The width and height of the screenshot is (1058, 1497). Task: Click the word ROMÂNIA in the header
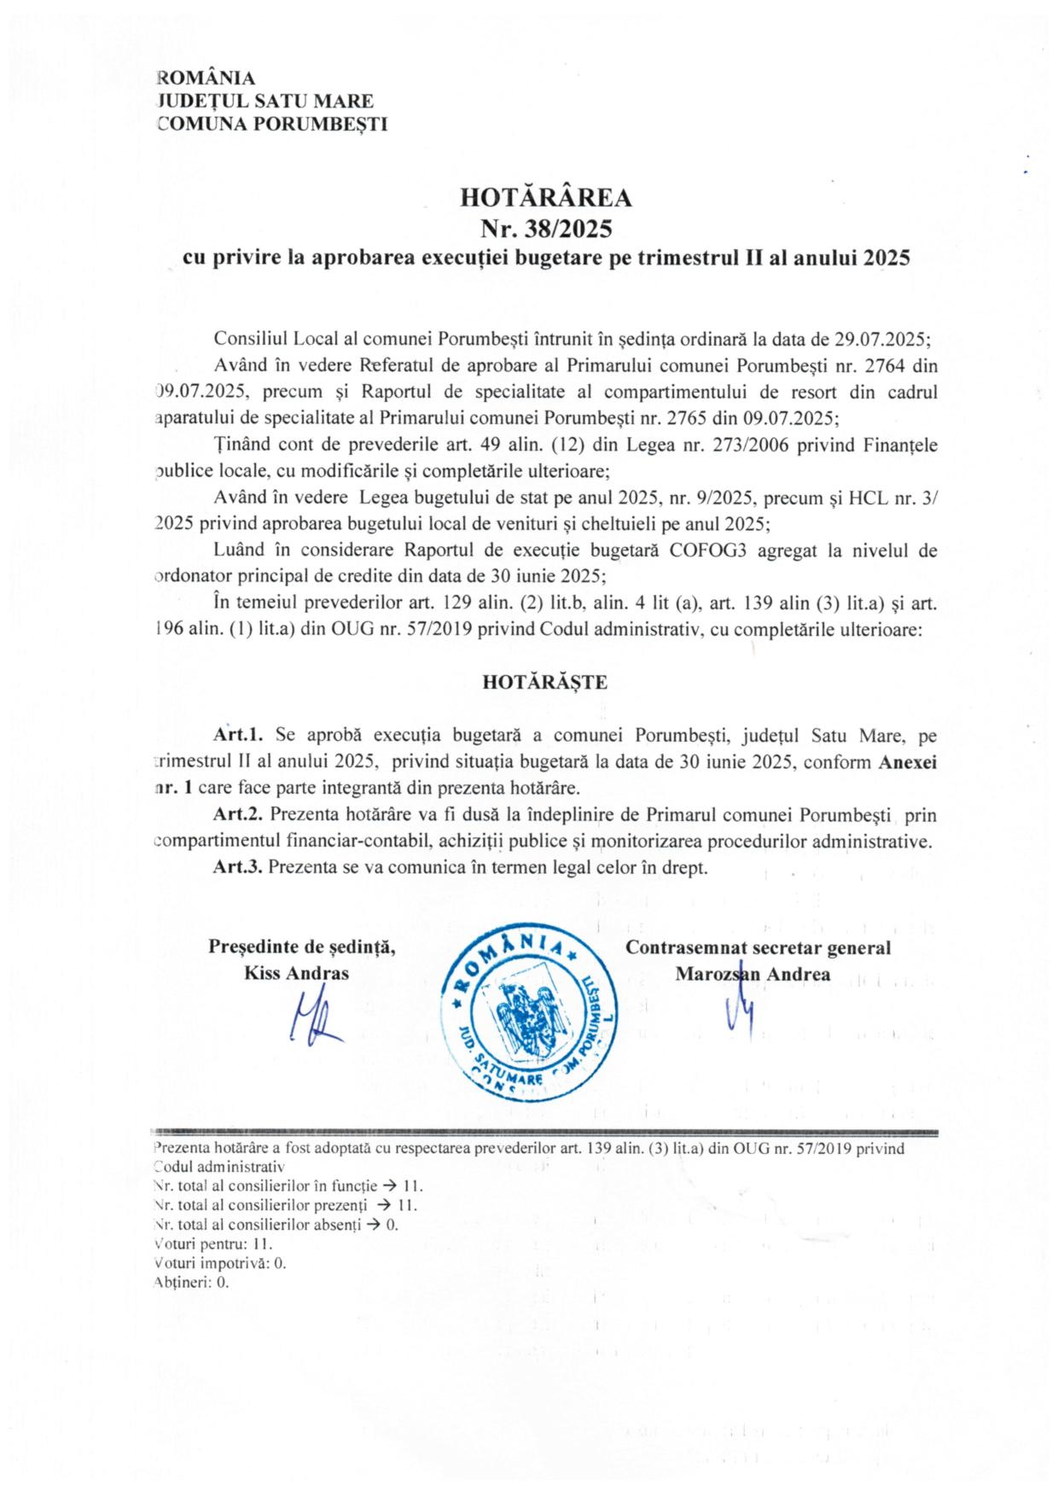coord(206,78)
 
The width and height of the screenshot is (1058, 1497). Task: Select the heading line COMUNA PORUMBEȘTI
coord(272,124)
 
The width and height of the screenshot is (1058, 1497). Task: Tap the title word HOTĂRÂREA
coord(546,198)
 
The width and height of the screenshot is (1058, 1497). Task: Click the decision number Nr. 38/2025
coord(546,229)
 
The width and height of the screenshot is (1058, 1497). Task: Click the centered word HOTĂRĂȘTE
coord(545,682)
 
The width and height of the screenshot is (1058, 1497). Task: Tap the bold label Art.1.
coord(238,734)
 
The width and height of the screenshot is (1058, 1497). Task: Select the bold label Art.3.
coord(238,867)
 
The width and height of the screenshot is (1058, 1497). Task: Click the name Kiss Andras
coord(297,973)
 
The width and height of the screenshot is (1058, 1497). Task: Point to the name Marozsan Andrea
coord(753,973)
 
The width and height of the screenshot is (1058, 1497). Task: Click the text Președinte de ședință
coord(301,947)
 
